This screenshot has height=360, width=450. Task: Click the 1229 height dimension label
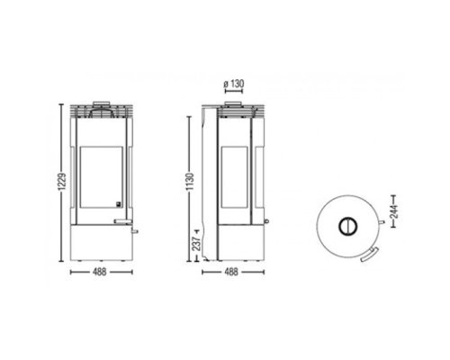(x=62, y=182)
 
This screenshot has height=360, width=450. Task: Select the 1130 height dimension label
(x=190, y=182)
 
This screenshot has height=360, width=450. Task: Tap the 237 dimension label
(x=196, y=244)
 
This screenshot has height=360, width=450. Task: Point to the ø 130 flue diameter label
(x=234, y=84)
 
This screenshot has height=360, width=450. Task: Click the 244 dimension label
(x=394, y=211)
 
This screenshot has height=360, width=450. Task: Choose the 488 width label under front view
(x=100, y=272)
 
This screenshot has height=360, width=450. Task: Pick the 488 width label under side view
(x=231, y=272)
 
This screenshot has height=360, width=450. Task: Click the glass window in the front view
(x=102, y=177)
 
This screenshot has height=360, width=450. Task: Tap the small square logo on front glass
(x=119, y=204)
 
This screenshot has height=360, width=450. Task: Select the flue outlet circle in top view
(x=348, y=226)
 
